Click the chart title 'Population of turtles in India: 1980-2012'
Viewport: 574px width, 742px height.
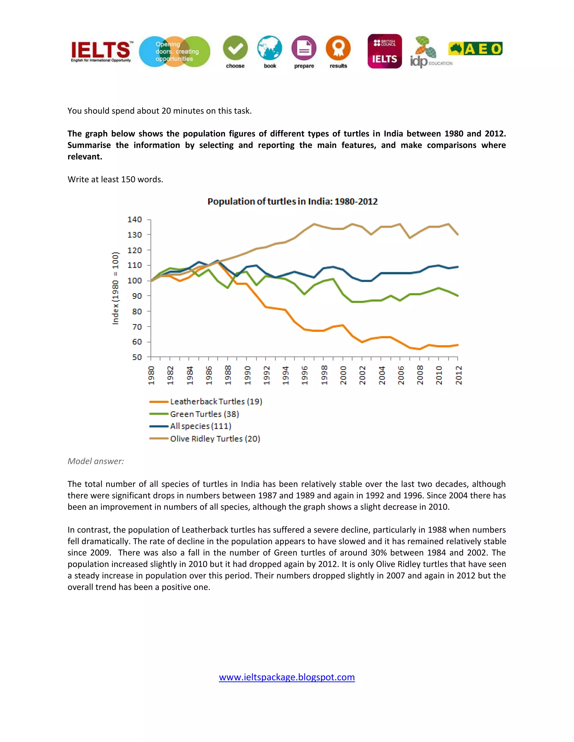tap(292, 202)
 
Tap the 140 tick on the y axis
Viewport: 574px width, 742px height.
tap(135, 220)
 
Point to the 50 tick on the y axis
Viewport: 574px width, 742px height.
tap(137, 357)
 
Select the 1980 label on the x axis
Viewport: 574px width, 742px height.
tap(151, 375)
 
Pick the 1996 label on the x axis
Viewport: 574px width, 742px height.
tap(305, 375)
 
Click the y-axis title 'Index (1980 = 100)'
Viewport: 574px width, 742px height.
tap(116, 288)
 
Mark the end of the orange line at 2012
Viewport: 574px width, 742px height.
tap(458, 345)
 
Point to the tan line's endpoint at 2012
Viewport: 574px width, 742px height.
tap(458, 234)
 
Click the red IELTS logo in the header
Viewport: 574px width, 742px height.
tap(101, 51)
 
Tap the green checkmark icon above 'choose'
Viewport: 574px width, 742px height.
tap(235, 48)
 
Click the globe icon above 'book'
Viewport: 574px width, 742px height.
tap(270, 48)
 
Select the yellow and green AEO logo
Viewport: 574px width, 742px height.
tap(475, 49)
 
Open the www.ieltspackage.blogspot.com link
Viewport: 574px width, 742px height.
tap(287, 677)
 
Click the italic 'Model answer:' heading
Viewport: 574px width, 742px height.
tap(96, 461)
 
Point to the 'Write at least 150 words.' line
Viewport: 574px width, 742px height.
tap(115, 179)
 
